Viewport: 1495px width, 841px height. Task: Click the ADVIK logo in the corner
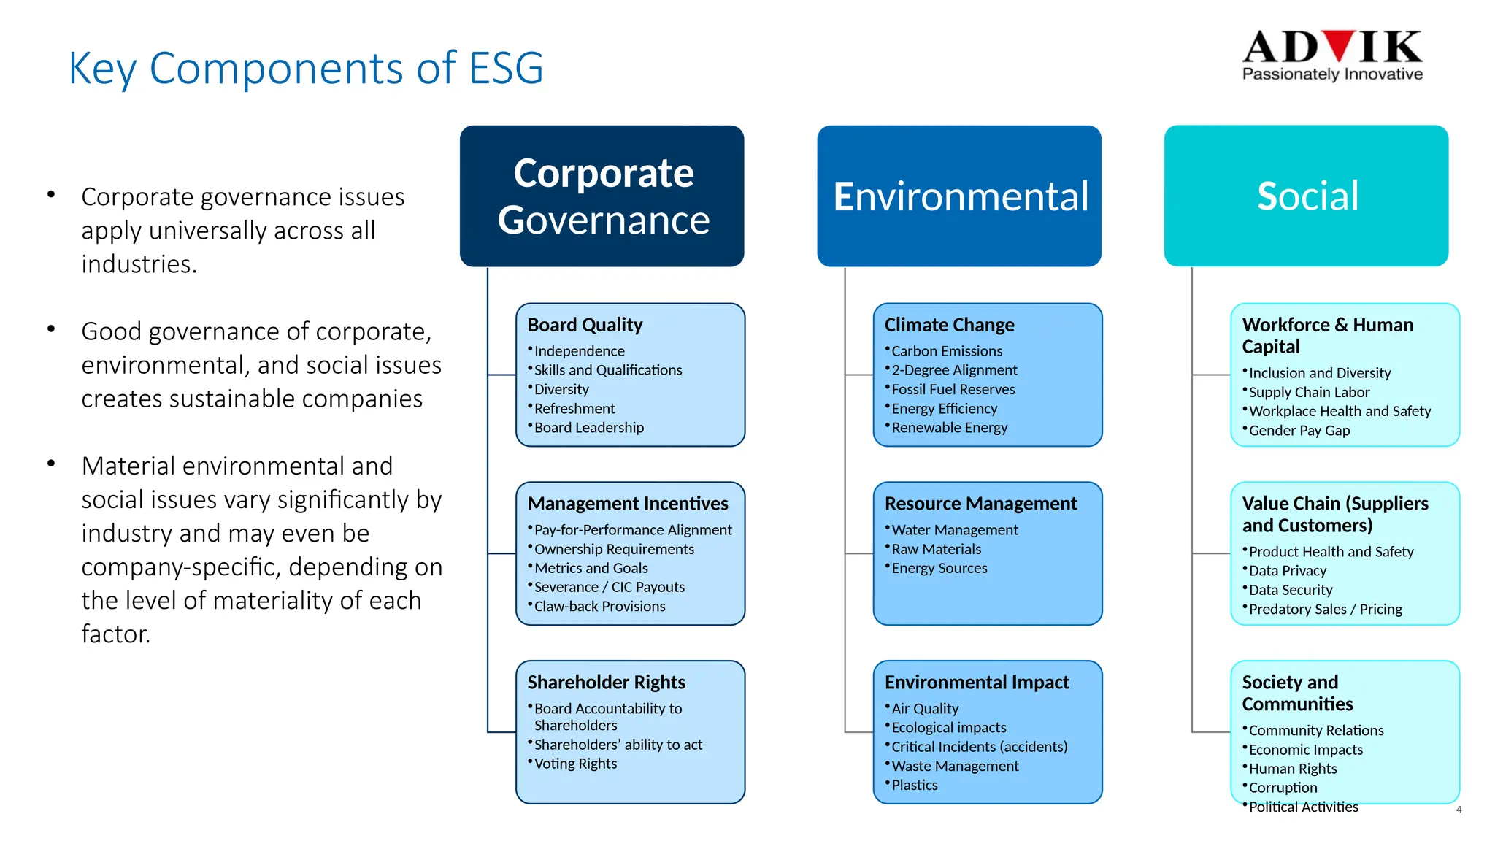click(1331, 55)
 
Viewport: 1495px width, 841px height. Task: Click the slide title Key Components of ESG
click(305, 69)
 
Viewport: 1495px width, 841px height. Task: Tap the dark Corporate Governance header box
click(602, 196)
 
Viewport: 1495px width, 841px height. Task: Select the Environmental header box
click(959, 196)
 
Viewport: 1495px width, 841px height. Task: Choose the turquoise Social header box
click(1306, 196)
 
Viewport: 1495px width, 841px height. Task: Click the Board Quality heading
click(585, 325)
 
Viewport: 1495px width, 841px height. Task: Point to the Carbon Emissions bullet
click(947, 351)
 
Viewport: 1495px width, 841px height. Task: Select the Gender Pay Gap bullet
click(1299, 431)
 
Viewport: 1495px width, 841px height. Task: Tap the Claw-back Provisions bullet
click(599, 607)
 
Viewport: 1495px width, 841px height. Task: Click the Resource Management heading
click(980, 504)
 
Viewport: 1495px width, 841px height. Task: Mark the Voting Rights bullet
click(575, 764)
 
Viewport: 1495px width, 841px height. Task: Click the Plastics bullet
click(915, 786)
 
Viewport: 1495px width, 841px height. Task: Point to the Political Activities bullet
click(1303, 807)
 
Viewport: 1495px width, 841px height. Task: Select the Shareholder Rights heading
click(606, 683)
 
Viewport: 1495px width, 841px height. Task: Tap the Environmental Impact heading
click(977, 683)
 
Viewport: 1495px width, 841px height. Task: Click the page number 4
click(1459, 810)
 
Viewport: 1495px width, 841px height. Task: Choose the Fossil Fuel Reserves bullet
click(953, 390)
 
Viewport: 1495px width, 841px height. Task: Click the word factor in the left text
click(115, 634)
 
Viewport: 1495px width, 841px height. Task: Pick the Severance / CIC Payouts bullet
click(609, 588)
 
